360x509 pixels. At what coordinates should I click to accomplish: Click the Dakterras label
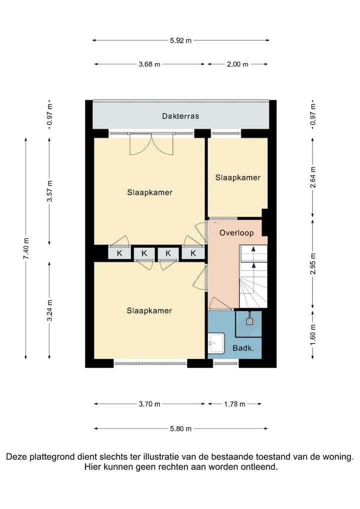coord(180,116)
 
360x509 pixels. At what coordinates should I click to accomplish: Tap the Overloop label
coord(236,233)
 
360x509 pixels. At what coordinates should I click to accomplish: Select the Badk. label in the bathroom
coord(243,348)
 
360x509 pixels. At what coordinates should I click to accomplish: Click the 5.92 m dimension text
coord(181,40)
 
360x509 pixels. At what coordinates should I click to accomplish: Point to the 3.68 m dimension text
coord(149,64)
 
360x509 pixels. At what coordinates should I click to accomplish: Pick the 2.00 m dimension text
coord(237,64)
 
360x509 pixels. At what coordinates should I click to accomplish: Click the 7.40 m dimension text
coord(26,248)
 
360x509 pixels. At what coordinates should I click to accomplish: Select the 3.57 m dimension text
coord(49,191)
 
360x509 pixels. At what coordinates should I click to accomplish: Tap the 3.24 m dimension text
coord(49,310)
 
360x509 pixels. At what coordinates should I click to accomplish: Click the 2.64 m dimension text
coord(313,177)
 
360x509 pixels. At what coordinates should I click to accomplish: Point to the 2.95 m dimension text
coord(313,263)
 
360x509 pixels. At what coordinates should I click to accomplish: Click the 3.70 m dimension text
coord(149,404)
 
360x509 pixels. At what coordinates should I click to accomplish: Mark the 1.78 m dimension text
coord(234,404)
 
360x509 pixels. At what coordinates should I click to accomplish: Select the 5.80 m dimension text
coord(181,429)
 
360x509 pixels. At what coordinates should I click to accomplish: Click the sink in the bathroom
coord(216,343)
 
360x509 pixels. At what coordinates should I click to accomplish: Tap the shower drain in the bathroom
coord(249,321)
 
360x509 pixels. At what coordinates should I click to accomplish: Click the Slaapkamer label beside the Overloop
coord(238,177)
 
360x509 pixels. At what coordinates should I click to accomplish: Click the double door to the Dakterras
coord(151,144)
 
